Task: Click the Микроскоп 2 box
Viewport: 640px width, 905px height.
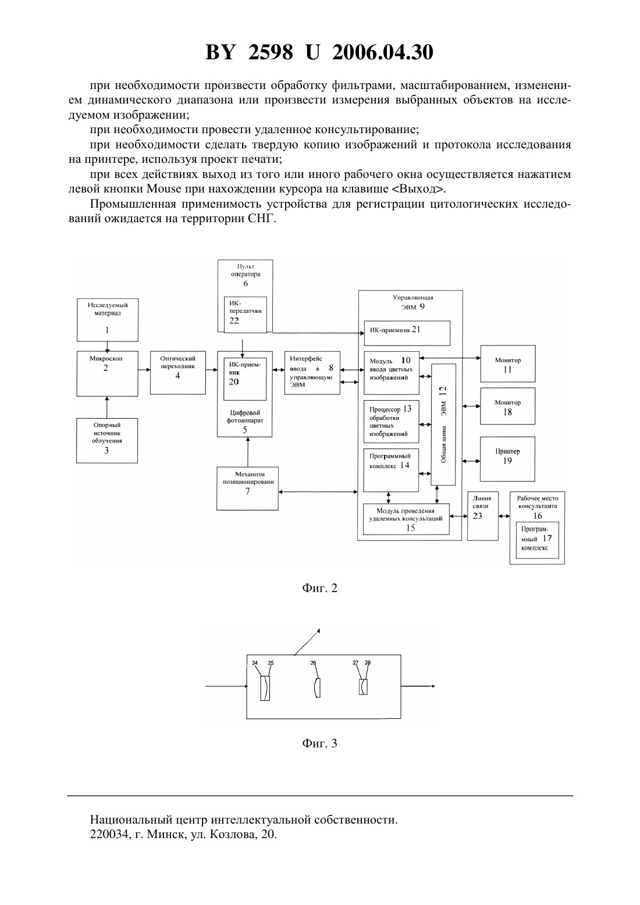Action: (107, 373)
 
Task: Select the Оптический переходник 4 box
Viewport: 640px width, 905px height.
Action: (178, 372)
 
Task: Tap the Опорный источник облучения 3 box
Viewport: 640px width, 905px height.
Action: (106, 440)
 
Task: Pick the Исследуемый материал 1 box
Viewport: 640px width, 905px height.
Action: (108, 319)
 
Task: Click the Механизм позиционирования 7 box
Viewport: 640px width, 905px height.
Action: (247, 489)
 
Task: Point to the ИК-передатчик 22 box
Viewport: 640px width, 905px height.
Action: (246, 314)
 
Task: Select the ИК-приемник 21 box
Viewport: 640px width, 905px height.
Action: (407, 333)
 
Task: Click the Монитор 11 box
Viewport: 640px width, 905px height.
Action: (508, 363)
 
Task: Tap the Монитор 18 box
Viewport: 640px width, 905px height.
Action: (507, 406)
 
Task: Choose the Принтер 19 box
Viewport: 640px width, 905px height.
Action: (507, 458)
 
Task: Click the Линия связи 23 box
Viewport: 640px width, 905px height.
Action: (482, 516)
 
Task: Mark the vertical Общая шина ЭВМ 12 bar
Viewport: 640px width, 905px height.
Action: (443, 424)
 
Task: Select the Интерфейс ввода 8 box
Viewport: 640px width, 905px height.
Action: (312, 373)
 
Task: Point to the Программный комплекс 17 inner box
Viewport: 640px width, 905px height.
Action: (537, 540)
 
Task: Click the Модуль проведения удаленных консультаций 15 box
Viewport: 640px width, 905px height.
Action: (406, 519)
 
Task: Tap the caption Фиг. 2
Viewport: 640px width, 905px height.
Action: (319, 588)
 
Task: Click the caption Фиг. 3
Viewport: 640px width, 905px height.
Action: (319, 743)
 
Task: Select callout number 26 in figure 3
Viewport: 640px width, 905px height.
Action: (313, 662)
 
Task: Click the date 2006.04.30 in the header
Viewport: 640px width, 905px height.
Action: (383, 52)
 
